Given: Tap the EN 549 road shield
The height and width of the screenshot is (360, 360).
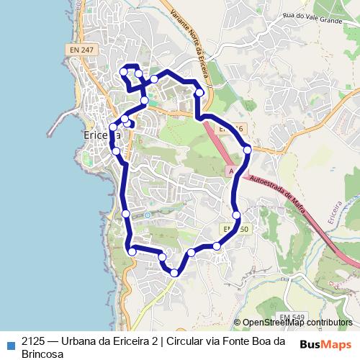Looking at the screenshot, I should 292,317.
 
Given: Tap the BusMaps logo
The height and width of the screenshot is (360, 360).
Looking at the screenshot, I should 325,343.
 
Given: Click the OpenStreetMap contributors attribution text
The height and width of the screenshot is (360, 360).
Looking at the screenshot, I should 297,323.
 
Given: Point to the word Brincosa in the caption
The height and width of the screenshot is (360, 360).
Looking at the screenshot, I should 43,354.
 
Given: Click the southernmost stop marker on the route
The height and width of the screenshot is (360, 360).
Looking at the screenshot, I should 174,272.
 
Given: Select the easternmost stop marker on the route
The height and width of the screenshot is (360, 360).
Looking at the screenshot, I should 247,149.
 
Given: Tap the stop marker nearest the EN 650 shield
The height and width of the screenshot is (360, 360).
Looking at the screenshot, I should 236,215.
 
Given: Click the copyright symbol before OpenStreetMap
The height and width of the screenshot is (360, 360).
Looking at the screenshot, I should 237,323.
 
